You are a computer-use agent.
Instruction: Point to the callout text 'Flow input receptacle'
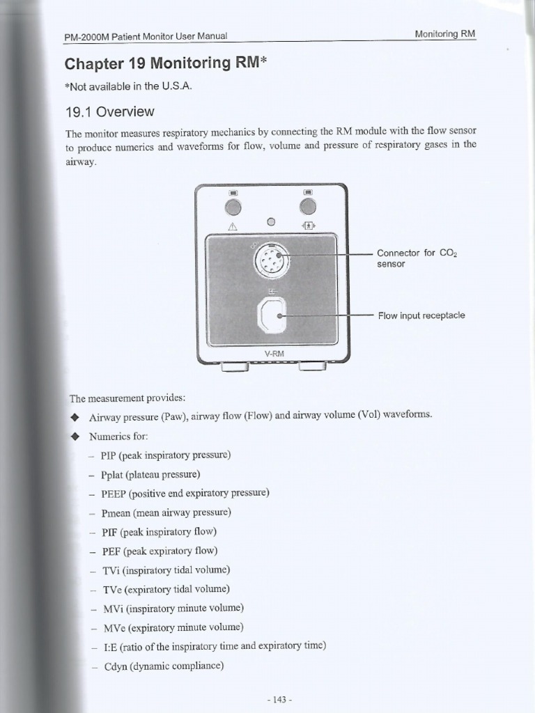click(x=421, y=315)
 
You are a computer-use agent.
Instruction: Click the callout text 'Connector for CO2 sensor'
click(x=416, y=258)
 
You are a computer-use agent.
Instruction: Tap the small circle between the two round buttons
click(x=271, y=222)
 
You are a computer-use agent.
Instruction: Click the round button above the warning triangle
click(x=233, y=207)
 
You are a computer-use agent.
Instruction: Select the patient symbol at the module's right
click(x=308, y=226)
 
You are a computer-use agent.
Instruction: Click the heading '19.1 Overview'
click(x=109, y=112)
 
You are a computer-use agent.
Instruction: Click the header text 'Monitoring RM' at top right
click(x=444, y=34)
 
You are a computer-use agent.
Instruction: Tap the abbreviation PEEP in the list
click(x=114, y=493)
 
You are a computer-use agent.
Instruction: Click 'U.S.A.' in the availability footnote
click(x=172, y=86)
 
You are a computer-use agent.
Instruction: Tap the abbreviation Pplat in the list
click(x=114, y=474)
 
